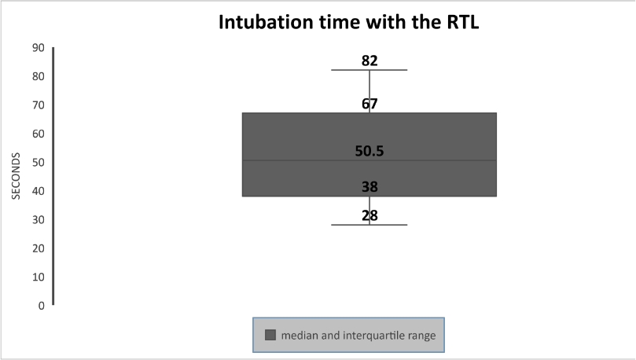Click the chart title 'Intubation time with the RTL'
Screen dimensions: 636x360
[349, 22]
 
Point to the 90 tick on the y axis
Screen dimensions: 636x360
[38, 48]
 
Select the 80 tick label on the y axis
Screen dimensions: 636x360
[38, 76]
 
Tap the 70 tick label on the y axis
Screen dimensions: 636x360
[38, 105]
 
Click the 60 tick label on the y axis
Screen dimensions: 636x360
[38, 134]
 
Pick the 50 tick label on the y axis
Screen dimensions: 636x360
[38, 162]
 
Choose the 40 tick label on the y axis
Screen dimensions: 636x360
[38, 191]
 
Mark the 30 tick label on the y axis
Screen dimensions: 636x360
[38, 220]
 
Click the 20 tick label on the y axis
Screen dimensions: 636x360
[38, 248]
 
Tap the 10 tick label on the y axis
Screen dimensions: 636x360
[38, 277]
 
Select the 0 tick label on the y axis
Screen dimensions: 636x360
[42, 306]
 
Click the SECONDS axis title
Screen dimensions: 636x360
[16, 176]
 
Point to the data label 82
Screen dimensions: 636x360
[369, 61]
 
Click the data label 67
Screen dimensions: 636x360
[369, 105]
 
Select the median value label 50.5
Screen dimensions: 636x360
[369, 151]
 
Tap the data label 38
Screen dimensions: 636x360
[369, 187]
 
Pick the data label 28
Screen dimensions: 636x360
[369, 215]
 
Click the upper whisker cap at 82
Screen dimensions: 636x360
[369, 70]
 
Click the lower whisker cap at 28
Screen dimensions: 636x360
[369, 225]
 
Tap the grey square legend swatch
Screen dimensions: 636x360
[270, 335]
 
